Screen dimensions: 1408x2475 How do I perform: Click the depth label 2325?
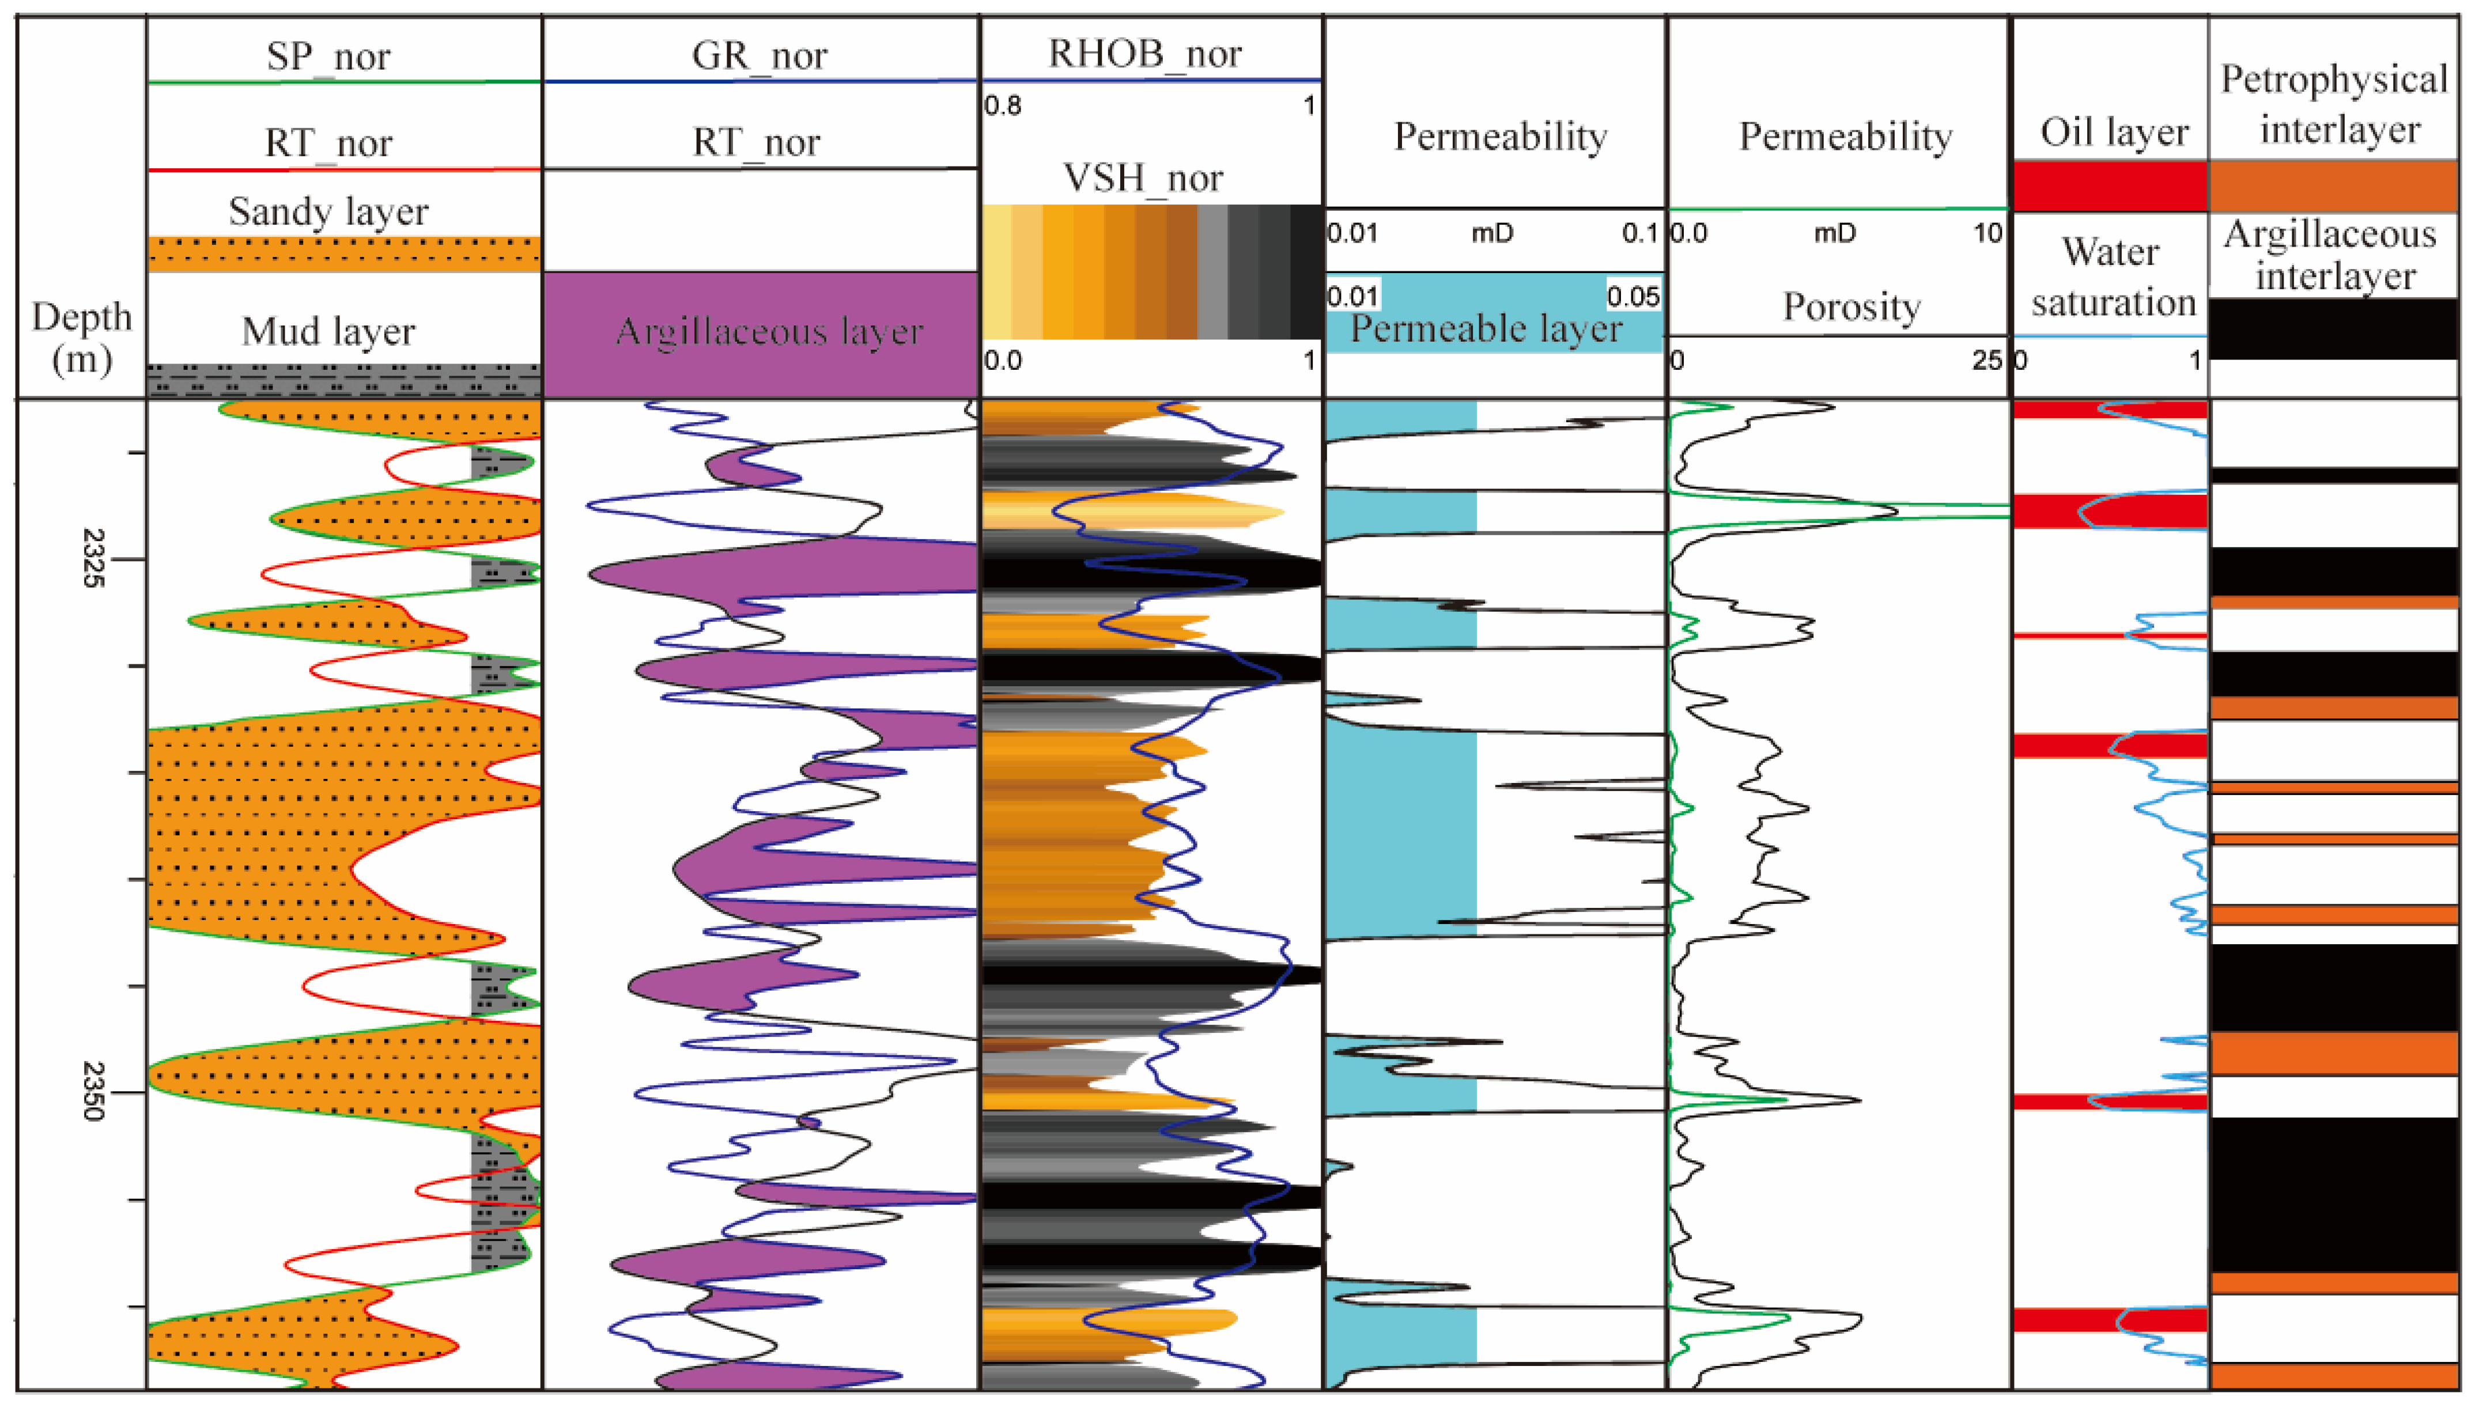93,558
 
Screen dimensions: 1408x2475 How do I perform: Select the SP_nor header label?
329,56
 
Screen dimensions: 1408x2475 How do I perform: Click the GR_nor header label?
759,55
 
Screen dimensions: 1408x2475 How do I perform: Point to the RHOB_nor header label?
1145,53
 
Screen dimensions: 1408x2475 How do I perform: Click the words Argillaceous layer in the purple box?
769,332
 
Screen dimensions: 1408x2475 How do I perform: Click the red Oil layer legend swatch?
2110,186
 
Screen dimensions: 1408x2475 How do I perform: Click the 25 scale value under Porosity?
1986,361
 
